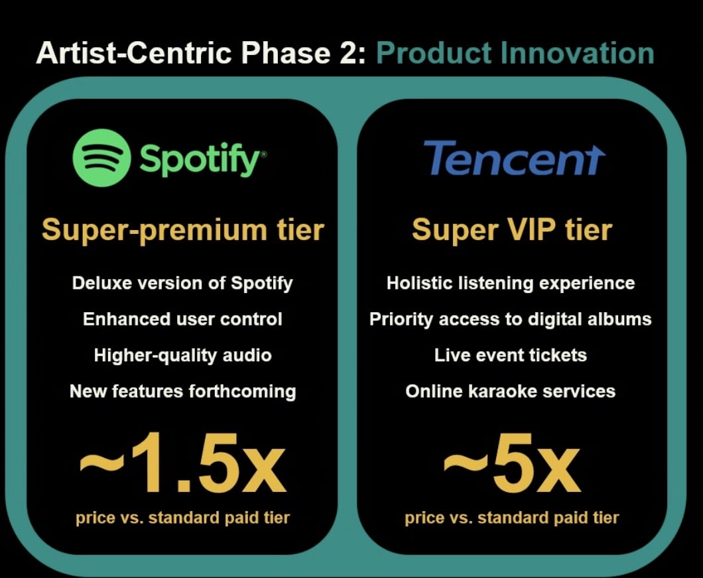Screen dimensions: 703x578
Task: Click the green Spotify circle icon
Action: click(101, 158)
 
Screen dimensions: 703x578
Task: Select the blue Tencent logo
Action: click(514, 158)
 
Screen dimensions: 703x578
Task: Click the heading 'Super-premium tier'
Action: click(183, 230)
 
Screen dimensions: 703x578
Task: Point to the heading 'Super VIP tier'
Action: click(512, 230)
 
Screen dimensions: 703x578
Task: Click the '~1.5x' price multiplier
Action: click(183, 463)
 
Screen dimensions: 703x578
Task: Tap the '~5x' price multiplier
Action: click(512, 463)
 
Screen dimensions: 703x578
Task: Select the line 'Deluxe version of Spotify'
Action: click(182, 284)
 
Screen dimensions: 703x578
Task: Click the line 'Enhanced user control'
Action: click(182, 319)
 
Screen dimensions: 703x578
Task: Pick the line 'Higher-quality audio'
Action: click(182, 356)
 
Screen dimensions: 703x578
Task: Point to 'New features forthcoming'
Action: click(182, 392)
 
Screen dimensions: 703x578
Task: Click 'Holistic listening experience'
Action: click(511, 284)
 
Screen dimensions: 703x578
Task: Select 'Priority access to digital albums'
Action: click(511, 319)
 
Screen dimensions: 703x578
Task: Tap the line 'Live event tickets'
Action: click(511, 355)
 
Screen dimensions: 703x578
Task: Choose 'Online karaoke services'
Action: click(511, 391)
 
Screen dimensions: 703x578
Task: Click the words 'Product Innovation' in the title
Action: click(515, 53)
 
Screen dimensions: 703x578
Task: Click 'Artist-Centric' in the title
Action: click(133, 53)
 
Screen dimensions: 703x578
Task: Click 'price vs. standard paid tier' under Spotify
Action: click(182, 518)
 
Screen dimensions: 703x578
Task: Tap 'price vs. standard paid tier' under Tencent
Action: click(511, 518)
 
